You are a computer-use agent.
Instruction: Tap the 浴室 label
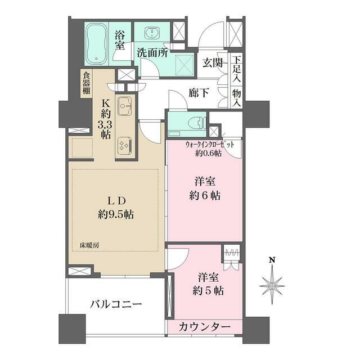(120, 40)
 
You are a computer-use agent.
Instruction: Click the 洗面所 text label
(152, 53)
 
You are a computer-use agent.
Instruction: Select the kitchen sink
(124, 105)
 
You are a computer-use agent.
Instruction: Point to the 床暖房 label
(89, 246)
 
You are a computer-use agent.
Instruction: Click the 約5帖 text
(209, 291)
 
